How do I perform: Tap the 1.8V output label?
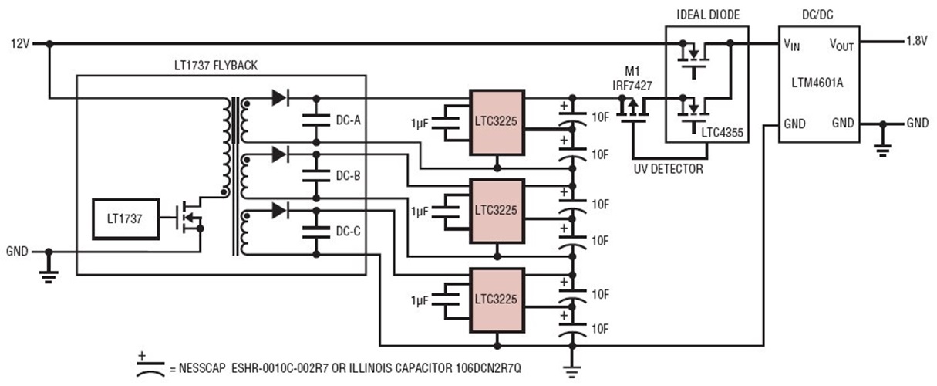coord(917,42)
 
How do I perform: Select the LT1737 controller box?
coord(124,218)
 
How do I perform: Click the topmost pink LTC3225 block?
coord(497,123)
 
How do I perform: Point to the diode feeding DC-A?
coord(280,98)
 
